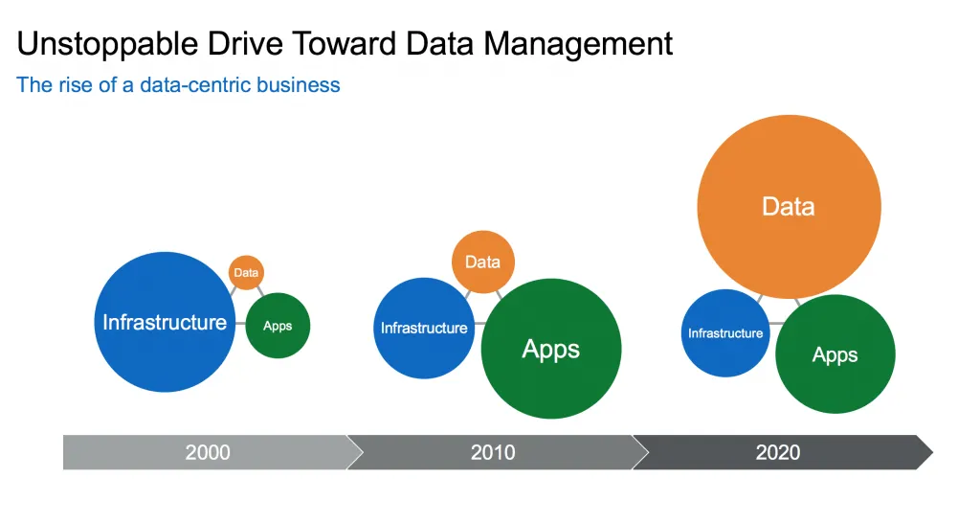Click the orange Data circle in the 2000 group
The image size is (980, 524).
pos(246,273)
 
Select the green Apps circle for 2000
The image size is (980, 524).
pos(278,325)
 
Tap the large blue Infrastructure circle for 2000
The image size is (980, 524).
pos(165,322)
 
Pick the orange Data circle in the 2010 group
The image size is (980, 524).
pos(483,262)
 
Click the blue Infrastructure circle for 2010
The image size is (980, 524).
pos(424,328)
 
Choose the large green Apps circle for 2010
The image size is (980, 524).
pos(551,349)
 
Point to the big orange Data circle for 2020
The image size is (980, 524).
pos(789,206)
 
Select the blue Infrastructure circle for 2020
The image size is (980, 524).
pos(725,332)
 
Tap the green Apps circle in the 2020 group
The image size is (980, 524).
pos(835,353)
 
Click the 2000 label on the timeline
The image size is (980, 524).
pos(208,452)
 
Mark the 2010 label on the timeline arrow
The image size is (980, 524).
pos(493,452)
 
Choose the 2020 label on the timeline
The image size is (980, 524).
pos(777,452)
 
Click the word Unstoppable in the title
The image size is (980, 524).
pos(107,45)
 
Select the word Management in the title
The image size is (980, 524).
pos(578,45)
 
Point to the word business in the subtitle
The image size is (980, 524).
pos(299,85)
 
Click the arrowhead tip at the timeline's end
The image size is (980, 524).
pos(932,452)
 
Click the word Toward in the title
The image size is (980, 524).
pos(344,44)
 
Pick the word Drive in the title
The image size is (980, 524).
pos(244,44)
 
